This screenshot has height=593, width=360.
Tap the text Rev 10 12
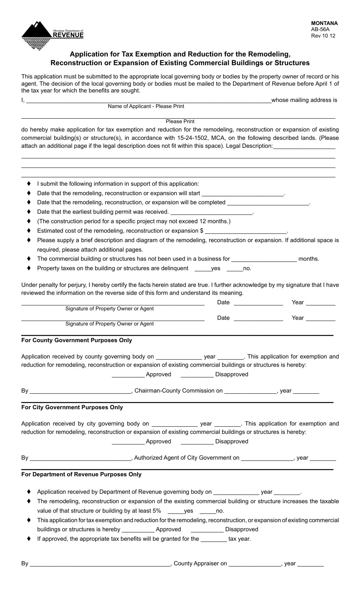pyautogui.click(x=323, y=36)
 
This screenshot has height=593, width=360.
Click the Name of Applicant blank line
pyautogui.click(x=148, y=101)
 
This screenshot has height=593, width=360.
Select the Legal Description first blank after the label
pyautogui.click(x=304, y=147)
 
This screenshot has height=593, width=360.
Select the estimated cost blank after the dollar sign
pyautogui.click(x=246, y=232)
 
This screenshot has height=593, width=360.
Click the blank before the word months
pyautogui.click(x=264, y=260)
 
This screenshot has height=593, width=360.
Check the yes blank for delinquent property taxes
pyautogui.click(x=202, y=269)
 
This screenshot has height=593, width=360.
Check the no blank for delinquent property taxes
pyautogui.click(x=235, y=269)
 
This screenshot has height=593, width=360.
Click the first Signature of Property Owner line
pyautogui.click(x=113, y=303)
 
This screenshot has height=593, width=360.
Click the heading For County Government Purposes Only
pyautogui.click(x=77, y=340)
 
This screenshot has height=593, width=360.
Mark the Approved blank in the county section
pyautogui.click(x=128, y=375)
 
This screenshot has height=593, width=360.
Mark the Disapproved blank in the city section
pyautogui.click(x=197, y=442)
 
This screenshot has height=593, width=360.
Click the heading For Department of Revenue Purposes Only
pyautogui.click(x=81, y=474)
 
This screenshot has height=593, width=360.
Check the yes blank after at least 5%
pyautogui.click(x=175, y=512)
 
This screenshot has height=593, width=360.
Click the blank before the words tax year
pyautogui.click(x=214, y=540)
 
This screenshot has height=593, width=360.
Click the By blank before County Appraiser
pyautogui.click(x=100, y=564)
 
